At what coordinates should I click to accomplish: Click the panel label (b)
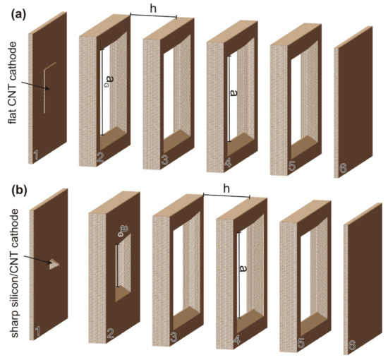tap(19, 191)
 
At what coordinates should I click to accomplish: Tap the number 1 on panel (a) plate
tap(36, 155)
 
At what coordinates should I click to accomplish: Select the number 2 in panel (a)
tap(100, 157)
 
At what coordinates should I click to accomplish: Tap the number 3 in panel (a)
tap(164, 160)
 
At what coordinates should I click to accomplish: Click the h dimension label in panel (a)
tap(153, 9)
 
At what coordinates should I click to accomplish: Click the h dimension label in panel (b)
tap(226, 189)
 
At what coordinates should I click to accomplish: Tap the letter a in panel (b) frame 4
tap(243, 269)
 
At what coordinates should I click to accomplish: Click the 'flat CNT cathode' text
tap(13, 83)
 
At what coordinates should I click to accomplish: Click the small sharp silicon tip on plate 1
tap(54, 264)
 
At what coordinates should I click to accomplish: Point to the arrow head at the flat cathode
tap(49, 89)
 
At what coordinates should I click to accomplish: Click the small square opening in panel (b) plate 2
tap(123, 268)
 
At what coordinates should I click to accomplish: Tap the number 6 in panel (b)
tap(352, 345)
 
